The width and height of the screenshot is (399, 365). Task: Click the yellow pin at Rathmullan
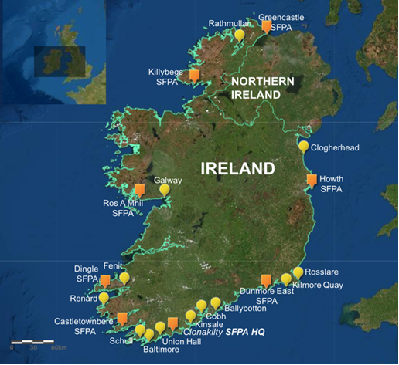pos(240,35)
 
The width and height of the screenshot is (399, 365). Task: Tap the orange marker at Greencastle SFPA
pos(267,26)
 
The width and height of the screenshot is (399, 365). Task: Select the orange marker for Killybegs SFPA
pos(195,75)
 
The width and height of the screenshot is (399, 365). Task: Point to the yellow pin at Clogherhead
pos(303,146)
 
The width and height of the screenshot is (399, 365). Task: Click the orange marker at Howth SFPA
pos(312,180)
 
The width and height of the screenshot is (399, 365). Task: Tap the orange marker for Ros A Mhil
pos(140,189)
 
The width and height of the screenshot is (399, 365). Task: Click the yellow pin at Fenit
pos(124,277)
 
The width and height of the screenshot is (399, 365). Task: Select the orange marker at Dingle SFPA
pos(105,280)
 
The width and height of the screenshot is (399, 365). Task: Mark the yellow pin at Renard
pos(104,297)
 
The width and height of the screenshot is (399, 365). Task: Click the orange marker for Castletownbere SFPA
pos(122,317)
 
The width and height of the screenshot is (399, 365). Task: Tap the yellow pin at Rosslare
pos(298,272)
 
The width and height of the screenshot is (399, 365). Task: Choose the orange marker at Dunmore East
pos(266,280)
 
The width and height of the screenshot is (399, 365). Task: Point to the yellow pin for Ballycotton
pos(216,302)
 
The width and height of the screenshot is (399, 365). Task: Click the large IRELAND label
pos(237,168)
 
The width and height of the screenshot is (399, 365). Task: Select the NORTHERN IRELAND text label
pos(262,88)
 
